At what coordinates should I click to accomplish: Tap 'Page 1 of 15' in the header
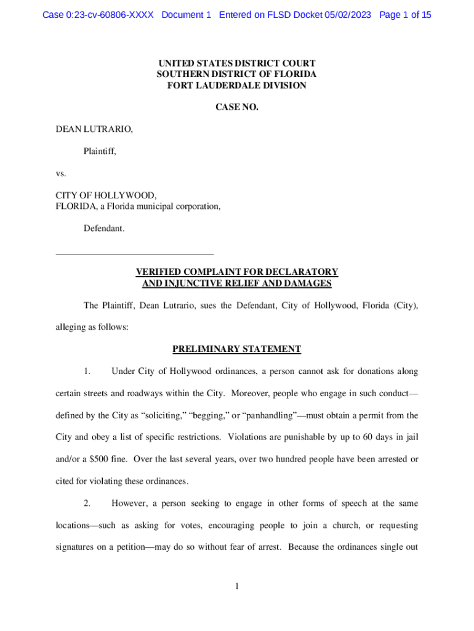pos(406,15)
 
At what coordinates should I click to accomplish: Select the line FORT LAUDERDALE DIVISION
pos(237,86)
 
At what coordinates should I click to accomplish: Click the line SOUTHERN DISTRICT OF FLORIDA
pos(237,75)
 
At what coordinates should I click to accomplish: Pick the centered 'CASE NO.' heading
pos(237,108)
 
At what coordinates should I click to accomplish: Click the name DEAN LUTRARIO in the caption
pos(94,129)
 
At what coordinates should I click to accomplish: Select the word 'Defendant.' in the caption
pos(104,229)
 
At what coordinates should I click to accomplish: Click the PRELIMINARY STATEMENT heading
pos(237,349)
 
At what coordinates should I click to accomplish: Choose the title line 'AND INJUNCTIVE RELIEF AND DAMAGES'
pos(237,283)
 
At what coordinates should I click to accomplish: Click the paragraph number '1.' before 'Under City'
pos(87,372)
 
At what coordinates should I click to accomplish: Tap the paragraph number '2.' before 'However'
pos(87,503)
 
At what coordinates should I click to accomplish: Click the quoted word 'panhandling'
pos(278,415)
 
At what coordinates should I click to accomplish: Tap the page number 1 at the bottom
pos(237,587)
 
